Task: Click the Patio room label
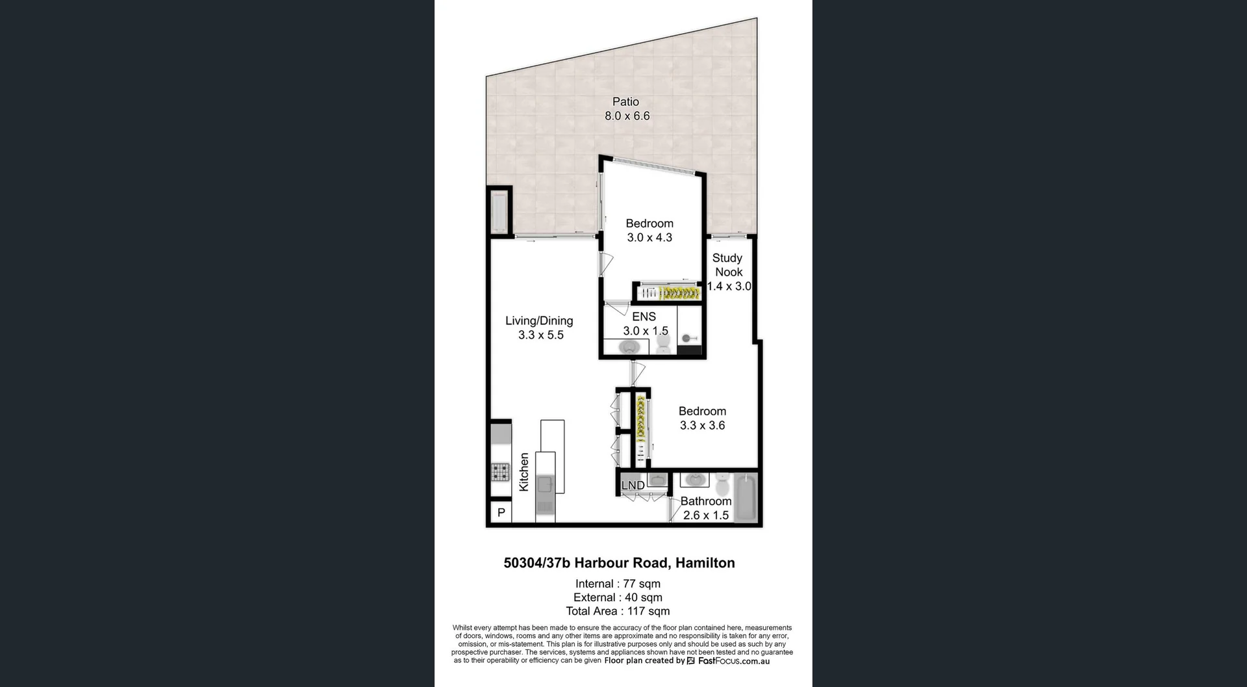click(x=625, y=102)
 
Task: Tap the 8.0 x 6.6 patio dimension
click(x=627, y=116)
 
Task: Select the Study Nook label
click(x=727, y=265)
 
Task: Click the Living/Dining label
click(x=539, y=321)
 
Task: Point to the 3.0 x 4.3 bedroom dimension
click(x=649, y=238)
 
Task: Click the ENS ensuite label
click(x=644, y=317)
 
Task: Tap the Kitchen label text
click(x=524, y=473)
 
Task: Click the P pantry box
click(x=501, y=513)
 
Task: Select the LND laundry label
click(x=633, y=486)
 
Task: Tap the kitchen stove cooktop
click(x=500, y=471)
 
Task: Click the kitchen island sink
click(x=545, y=485)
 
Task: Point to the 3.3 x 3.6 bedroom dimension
click(x=702, y=426)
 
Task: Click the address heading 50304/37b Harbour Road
click(x=619, y=564)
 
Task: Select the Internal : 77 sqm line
click(x=618, y=584)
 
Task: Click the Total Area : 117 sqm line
click(x=618, y=612)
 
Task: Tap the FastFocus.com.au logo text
click(x=733, y=661)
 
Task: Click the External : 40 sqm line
click(x=618, y=598)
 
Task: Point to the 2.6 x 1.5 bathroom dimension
click(x=705, y=515)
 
